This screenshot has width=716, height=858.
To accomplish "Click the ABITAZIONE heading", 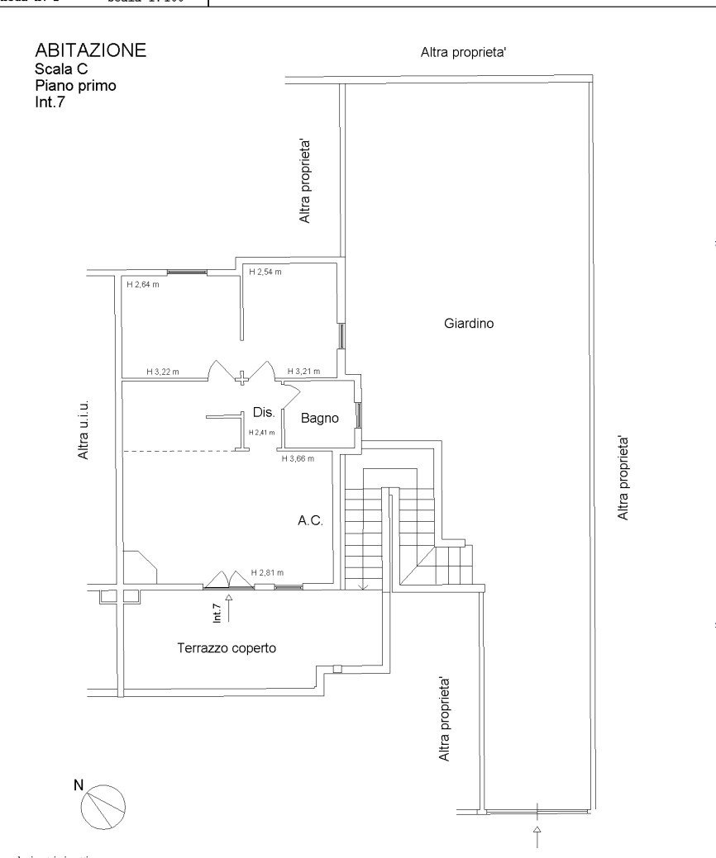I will [x=90, y=50].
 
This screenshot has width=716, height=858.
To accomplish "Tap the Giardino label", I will [x=468, y=324].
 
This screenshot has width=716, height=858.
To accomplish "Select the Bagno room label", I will [x=319, y=419].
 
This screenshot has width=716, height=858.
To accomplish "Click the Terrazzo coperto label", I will [x=227, y=648].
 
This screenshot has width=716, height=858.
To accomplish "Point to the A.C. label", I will [x=310, y=521].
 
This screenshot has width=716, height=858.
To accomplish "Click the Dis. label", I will [x=264, y=412].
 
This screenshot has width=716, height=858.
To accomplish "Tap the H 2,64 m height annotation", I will [x=142, y=285].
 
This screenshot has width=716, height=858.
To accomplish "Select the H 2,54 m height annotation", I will [x=265, y=272].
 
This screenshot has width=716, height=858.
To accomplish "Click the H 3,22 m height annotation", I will [x=163, y=372].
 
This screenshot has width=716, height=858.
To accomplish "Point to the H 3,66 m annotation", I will [x=298, y=458].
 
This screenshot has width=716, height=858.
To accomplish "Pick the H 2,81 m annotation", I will [x=267, y=573].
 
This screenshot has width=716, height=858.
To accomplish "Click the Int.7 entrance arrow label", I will [x=217, y=612].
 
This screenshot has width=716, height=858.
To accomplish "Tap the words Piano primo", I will [x=75, y=86].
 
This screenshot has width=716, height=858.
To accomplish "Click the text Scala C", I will [x=60, y=69].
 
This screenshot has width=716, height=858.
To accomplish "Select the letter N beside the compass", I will [x=79, y=785].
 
